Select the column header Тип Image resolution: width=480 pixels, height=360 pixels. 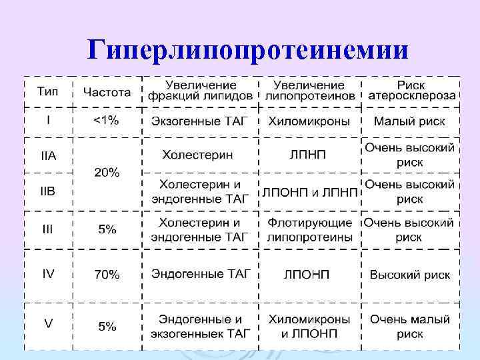coord(47,91)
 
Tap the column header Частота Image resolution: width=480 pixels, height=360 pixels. coord(107,91)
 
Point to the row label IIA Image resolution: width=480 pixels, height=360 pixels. coord(49,155)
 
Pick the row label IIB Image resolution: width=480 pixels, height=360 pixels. coord(49,191)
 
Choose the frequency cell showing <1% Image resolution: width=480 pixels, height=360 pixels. coord(105,121)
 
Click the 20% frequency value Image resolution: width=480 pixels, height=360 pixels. coord(107,173)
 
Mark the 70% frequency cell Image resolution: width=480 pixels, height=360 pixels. coord(107,274)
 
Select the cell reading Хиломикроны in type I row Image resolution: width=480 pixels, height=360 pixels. coord(309,121)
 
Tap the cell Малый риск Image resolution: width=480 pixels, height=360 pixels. coord(409,121)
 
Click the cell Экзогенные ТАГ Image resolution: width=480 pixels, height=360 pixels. coord(199,121)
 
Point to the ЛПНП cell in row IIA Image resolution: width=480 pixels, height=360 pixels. coord(308,155)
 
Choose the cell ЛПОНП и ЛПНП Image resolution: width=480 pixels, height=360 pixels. coord(309,192)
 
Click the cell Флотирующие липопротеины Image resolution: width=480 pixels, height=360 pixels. coord(309,229)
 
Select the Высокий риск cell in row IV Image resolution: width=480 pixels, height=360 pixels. coord(409,275)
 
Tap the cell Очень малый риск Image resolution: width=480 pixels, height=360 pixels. coord(409,326)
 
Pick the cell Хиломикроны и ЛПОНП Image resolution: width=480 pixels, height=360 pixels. coord(309,326)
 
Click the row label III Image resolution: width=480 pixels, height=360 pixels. coord(48,229)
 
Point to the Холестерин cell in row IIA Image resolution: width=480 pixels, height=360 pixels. coord(198,155)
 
